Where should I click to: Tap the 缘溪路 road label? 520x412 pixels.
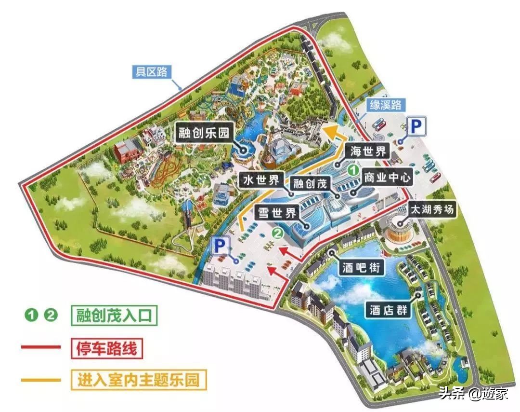tap(385, 105)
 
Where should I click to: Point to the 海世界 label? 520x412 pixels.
tap(368, 151)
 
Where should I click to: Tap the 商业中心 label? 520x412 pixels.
tap(387, 178)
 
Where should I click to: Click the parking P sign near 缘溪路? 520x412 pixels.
tap(416, 128)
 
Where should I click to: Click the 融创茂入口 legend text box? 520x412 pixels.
tap(114, 316)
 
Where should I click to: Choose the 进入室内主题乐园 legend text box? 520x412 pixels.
tap(138, 379)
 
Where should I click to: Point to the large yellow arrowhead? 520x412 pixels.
tap(332, 132)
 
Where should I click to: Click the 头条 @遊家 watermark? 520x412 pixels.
tap(480, 393)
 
